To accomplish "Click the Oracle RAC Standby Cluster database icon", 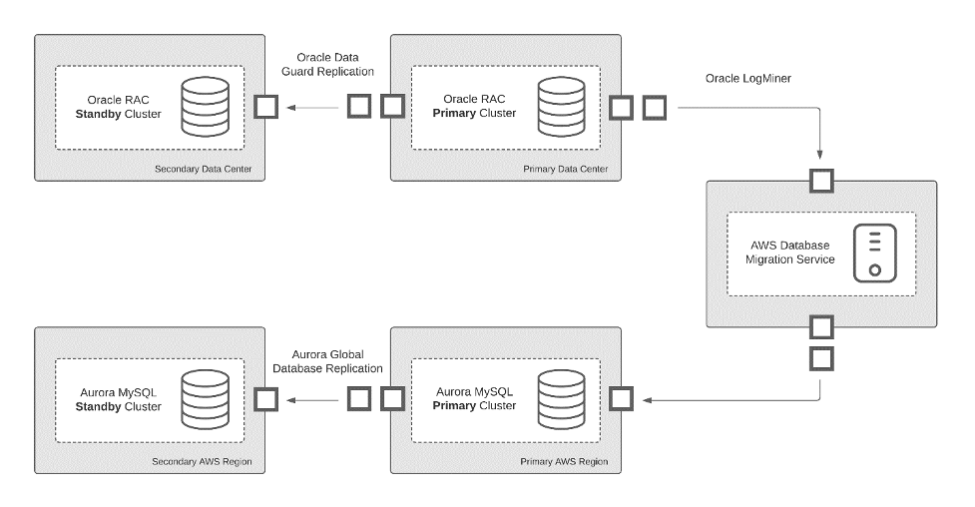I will coord(198,107).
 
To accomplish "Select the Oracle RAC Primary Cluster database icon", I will coord(553,107).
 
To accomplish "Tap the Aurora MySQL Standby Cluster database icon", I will coord(198,399).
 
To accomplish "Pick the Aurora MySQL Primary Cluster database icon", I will coord(553,399).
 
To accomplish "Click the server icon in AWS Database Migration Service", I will coord(873,253).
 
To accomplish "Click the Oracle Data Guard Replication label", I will coord(335,64).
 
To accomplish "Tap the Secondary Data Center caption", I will coord(209,169).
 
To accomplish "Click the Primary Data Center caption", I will coord(565,169).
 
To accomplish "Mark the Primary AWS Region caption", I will coord(564,462).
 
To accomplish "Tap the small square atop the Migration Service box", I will coord(820,181).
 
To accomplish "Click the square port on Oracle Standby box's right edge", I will coord(265,107).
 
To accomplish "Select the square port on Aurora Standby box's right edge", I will coord(265,399).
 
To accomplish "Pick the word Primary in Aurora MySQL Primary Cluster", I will coord(455,406).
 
